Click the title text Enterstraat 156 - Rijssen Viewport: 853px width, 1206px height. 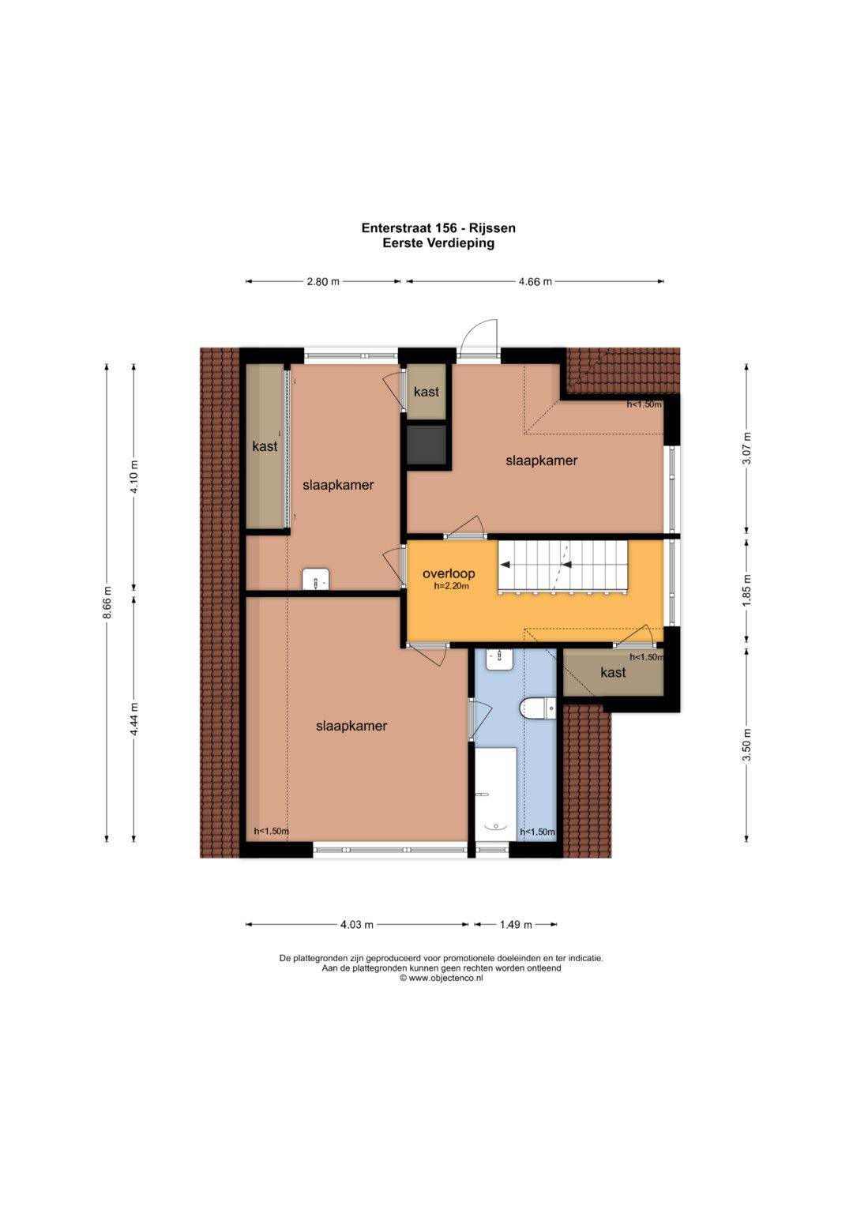(x=438, y=227)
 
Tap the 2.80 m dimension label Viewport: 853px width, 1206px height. (x=323, y=281)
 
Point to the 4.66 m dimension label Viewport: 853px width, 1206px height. (x=535, y=281)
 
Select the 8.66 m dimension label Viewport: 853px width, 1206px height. (x=107, y=603)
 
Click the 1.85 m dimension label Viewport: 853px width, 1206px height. (x=746, y=589)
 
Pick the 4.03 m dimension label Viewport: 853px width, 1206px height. (x=356, y=925)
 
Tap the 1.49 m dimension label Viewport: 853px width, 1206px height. (x=515, y=925)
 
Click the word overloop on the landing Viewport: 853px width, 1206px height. (x=449, y=573)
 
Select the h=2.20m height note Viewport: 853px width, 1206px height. (x=451, y=586)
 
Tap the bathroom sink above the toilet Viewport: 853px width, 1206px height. (x=500, y=659)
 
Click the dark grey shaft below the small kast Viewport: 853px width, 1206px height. (x=426, y=444)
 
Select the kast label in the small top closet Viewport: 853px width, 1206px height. (x=426, y=392)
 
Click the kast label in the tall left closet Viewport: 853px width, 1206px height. (x=265, y=445)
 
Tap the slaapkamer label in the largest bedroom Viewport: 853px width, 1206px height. (x=351, y=726)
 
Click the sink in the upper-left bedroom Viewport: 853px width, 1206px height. (x=316, y=580)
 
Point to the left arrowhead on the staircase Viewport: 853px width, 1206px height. (x=505, y=565)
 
